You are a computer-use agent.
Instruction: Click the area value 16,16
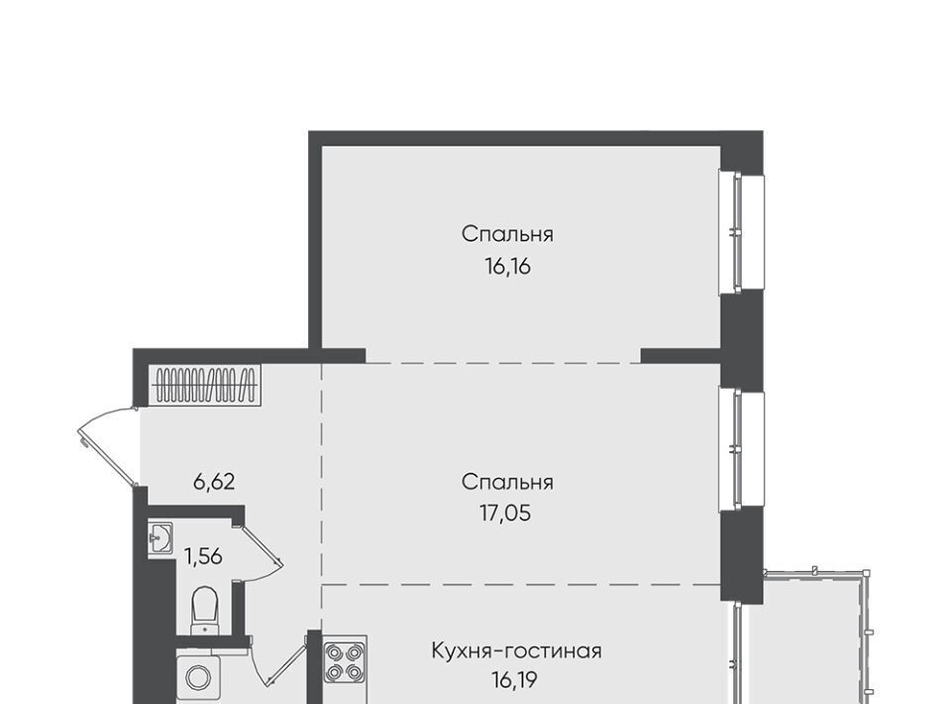pyautogui.click(x=507, y=266)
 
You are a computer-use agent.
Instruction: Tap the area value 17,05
pyautogui.click(x=506, y=514)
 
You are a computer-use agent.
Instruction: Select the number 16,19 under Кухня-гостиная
pyautogui.click(x=514, y=680)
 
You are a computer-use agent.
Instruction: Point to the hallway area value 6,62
pyautogui.click(x=214, y=482)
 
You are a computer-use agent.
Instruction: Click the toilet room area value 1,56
pyautogui.click(x=203, y=556)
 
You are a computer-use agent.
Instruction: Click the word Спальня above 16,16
pyautogui.click(x=507, y=234)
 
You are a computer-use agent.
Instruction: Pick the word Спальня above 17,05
pyautogui.click(x=507, y=483)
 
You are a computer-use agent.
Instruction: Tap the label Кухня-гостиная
pyautogui.click(x=516, y=651)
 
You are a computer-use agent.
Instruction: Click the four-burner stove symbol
pyautogui.click(x=345, y=662)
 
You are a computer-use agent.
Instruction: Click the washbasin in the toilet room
pyautogui.click(x=160, y=537)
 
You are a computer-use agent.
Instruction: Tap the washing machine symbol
pyautogui.click(x=199, y=676)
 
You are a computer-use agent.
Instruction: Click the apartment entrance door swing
pyautogui.click(x=107, y=446)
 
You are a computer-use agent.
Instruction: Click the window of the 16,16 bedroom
pyautogui.click(x=741, y=232)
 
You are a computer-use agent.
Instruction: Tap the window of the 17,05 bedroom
pyautogui.click(x=741, y=449)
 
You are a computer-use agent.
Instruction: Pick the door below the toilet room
pyautogui.click(x=279, y=661)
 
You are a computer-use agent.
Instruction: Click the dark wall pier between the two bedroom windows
pyautogui.click(x=741, y=340)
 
